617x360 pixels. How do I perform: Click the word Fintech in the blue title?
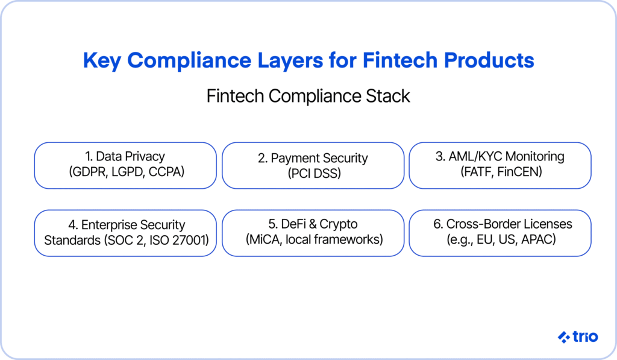400,60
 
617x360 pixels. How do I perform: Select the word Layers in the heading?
290,61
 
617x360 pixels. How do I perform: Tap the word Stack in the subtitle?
388,96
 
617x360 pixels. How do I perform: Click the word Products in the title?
489,60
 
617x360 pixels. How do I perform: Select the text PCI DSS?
315,173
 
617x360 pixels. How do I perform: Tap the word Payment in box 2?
294,159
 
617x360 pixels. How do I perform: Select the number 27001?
190,240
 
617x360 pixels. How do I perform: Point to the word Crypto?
339,224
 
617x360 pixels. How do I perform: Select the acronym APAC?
538,239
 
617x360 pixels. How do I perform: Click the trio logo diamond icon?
564,337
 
